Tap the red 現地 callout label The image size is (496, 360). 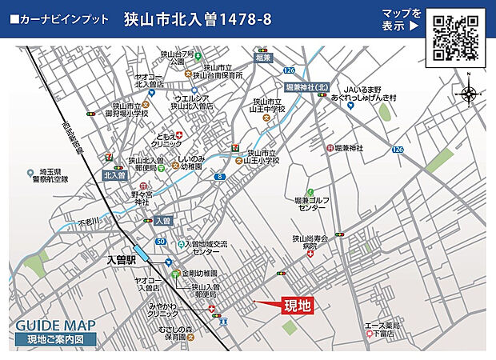point(297,305)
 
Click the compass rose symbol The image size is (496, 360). point(468,94)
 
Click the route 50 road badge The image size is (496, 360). point(160,241)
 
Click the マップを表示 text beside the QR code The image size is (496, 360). point(401,19)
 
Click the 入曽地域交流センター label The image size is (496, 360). point(205,247)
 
